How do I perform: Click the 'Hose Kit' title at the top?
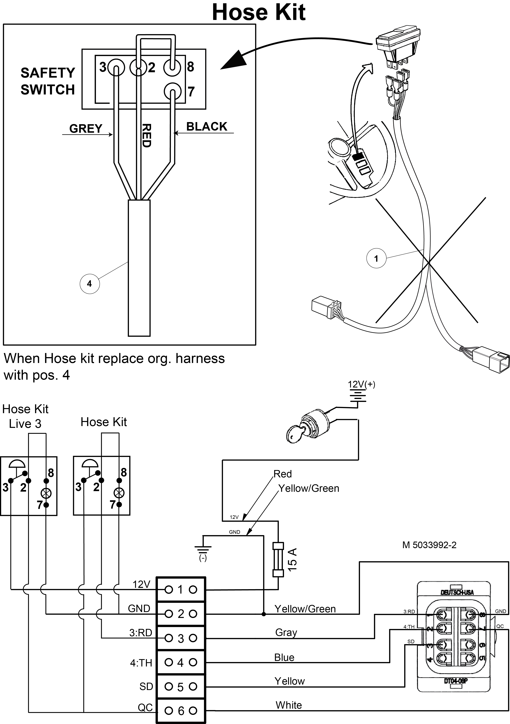259,13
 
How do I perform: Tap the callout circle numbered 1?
376,259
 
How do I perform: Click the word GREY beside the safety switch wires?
86,129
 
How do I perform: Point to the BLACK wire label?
207,126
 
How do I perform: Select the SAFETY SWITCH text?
48,81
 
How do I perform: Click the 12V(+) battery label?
361,384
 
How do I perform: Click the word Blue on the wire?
284,657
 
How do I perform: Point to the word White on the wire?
289,705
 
